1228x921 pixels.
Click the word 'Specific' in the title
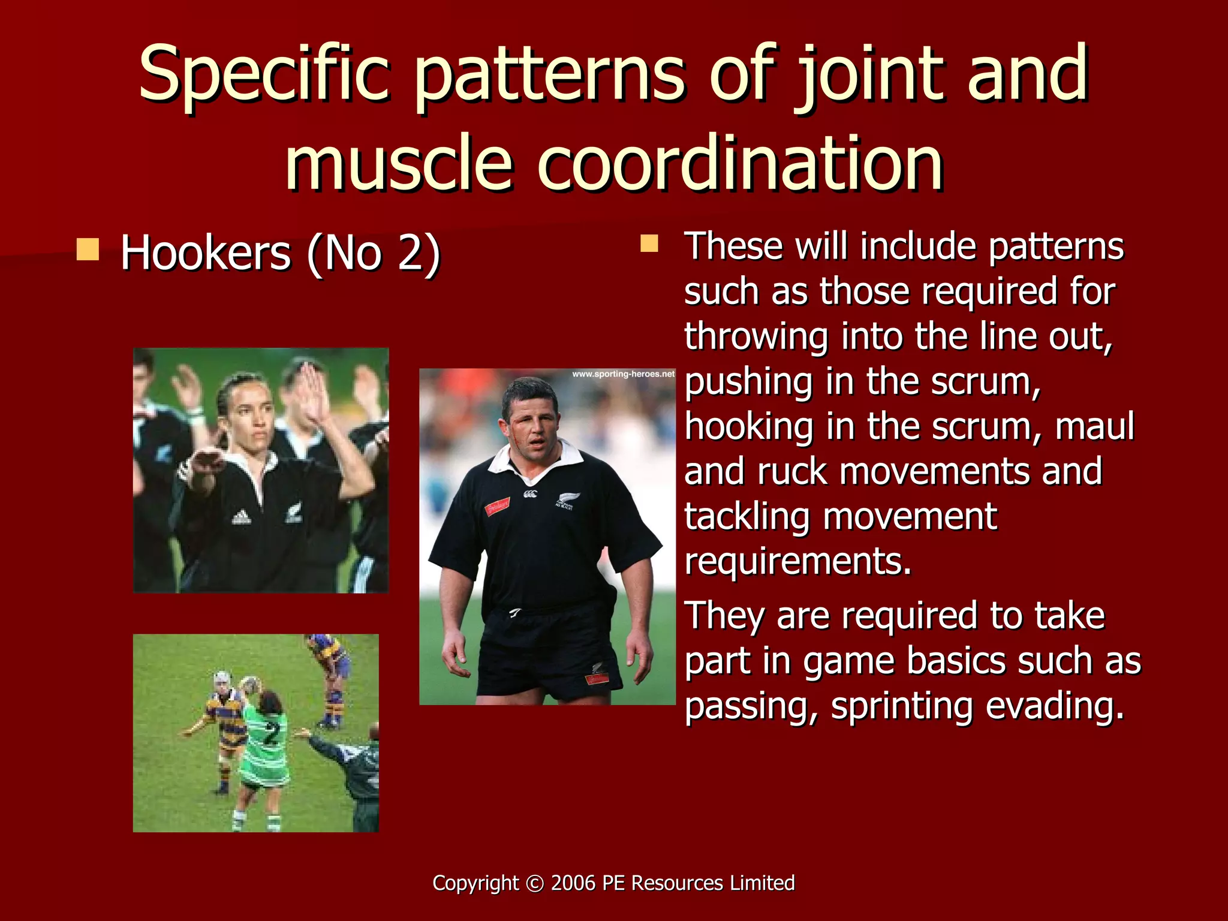point(264,75)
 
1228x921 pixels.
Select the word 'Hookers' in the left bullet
point(206,253)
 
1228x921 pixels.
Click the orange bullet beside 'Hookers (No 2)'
point(88,249)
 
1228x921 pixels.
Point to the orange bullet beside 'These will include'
point(649,243)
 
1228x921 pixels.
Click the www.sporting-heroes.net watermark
point(623,374)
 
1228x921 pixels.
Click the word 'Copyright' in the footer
point(475,883)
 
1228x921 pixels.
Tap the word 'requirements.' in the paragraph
point(797,561)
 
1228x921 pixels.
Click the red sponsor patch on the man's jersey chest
point(497,507)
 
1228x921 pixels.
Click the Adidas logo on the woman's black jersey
point(242,517)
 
